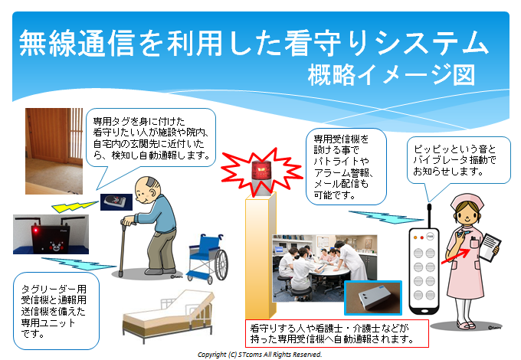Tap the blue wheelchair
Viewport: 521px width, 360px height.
tap(208, 258)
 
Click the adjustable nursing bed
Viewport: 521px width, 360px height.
tap(168, 316)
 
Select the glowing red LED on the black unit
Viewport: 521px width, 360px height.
tap(35, 231)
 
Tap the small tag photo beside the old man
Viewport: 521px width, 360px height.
tap(116, 202)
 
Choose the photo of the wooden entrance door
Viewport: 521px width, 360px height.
tap(54, 151)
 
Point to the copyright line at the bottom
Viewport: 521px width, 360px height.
tap(260, 355)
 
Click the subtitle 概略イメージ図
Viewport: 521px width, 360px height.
tap(392, 75)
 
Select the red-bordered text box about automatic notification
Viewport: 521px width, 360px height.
tap(337, 333)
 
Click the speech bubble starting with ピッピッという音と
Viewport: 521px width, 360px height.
tap(458, 160)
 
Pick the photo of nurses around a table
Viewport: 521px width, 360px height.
tap(325, 268)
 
